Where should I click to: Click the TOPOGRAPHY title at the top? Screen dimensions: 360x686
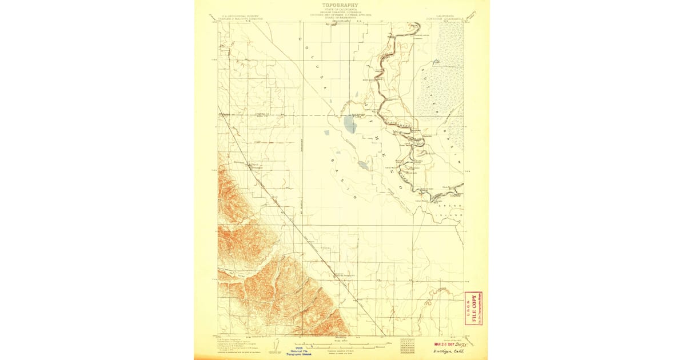[341, 5]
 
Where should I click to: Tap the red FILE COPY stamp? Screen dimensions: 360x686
[476, 309]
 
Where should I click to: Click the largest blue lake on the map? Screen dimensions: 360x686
[350, 123]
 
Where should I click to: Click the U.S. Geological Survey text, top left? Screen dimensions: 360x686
[234, 16]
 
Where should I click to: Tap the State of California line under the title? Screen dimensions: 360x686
[341, 10]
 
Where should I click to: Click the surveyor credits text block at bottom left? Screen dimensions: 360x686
[234, 345]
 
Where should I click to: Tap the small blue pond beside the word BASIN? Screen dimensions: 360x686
[362, 165]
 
